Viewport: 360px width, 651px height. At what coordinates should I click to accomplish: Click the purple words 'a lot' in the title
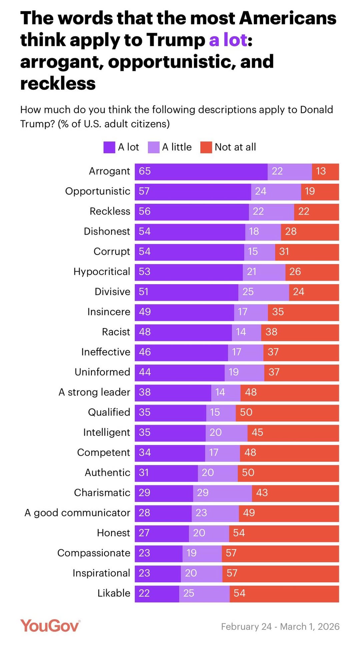[x=228, y=40]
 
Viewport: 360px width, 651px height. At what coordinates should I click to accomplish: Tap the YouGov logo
[x=50, y=626]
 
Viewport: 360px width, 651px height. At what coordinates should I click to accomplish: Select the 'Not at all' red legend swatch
[x=206, y=147]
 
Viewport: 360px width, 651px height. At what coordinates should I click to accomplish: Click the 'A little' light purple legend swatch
[x=154, y=147]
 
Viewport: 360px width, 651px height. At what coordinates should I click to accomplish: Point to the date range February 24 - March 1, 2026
[x=280, y=627]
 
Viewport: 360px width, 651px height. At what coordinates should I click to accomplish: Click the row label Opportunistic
[x=98, y=191]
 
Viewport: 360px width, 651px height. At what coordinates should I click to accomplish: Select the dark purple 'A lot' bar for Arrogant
[x=201, y=172]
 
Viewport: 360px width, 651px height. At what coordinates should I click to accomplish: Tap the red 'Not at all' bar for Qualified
[x=287, y=412]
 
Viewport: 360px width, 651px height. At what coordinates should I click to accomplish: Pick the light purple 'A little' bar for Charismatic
[x=222, y=493]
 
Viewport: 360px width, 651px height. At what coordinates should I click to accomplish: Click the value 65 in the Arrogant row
[x=145, y=171]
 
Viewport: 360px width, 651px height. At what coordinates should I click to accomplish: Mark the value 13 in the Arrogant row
[x=321, y=171]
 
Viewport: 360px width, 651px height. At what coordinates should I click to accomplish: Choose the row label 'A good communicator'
[x=77, y=513]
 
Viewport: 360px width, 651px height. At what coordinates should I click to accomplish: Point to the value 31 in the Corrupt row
[x=284, y=252]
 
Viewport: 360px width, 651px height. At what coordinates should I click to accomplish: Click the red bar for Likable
[x=284, y=593]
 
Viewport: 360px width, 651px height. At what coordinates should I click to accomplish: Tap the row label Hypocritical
[x=102, y=272]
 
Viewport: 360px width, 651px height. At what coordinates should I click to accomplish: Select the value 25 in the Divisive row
[x=248, y=292]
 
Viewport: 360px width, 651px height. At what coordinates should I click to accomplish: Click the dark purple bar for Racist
[x=183, y=332]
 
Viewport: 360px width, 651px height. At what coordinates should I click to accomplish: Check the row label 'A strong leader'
[x=94, y=392]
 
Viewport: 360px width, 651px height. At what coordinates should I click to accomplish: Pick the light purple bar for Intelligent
[x=226, y=433]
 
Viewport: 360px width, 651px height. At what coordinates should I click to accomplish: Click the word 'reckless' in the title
[x=58, y=84]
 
